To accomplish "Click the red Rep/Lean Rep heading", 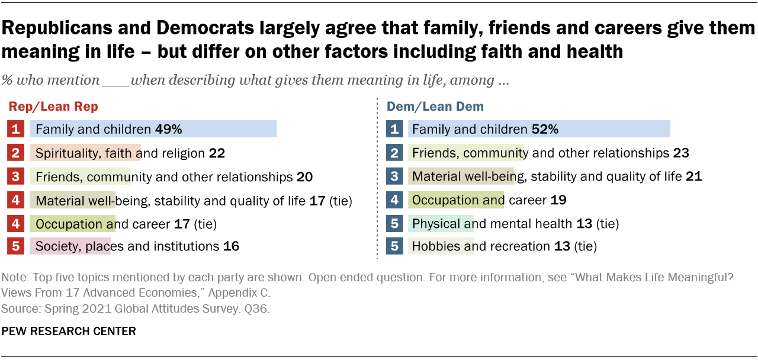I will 53,107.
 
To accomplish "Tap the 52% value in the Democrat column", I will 545,129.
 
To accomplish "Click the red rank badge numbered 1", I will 16,129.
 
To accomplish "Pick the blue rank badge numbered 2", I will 394,153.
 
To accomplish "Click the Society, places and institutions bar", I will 70,246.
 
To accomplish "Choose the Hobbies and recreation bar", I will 441,246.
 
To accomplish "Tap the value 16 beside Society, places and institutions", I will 231,246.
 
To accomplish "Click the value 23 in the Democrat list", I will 681,153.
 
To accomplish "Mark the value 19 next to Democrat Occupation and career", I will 558,200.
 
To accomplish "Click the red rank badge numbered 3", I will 16,176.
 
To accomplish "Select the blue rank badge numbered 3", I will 394,176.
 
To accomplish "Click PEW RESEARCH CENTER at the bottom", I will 69,331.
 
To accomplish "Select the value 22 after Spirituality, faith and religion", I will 217,153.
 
